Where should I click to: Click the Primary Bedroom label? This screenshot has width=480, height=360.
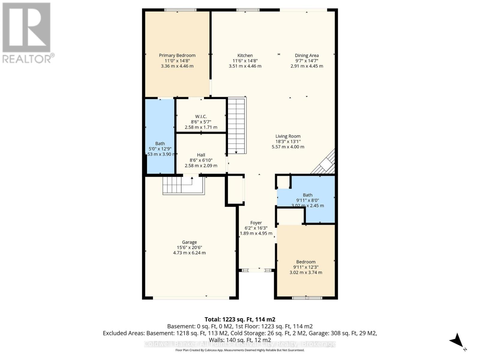(177, 55)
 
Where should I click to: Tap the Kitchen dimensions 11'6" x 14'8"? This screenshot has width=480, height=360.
(245, 61)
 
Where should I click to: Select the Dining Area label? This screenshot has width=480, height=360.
(307, 55)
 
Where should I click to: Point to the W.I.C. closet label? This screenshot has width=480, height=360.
(201, 117)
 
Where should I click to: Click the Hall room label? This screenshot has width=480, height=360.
(201, 155)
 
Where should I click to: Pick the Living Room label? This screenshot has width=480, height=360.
(288, 136)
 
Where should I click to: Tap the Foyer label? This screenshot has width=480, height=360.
(256, 223)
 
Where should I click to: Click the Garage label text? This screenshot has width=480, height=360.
(189, 242)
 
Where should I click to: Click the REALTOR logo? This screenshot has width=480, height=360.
(27, 33)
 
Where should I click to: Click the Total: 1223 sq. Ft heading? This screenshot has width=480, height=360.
(240, 319)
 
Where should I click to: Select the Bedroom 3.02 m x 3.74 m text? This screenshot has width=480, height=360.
(306, 272)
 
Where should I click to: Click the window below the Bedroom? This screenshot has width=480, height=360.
(307, 298)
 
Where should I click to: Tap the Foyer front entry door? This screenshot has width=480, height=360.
(256, 270)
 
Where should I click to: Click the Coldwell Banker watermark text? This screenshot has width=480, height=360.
(240, 344)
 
